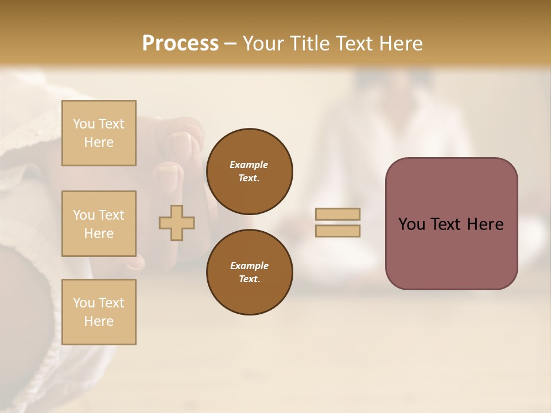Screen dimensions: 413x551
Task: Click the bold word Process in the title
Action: pos(180,44)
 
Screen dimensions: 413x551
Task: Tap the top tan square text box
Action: pos(99,133)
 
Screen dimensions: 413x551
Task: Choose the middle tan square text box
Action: pos(99,224)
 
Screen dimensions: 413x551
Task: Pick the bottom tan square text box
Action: pos(99,312)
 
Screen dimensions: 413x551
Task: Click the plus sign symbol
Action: pos(177,222)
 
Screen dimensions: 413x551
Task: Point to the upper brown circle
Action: pos(249,171)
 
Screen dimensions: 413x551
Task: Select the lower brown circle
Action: pos(249,272)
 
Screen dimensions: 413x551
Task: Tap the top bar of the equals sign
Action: pos(338,214)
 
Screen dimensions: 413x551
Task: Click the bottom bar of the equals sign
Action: pos(338,231)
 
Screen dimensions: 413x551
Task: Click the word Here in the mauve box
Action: pos(485,224)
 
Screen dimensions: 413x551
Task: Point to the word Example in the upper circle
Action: pos(249,165)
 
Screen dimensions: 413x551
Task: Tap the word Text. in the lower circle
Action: pos(249,279)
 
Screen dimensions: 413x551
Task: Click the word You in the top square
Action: pos(84,124)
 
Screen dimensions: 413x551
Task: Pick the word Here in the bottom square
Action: pos(99,321)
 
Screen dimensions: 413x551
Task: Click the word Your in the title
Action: pos(264,44)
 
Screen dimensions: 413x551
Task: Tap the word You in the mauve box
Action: pos(412,224)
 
